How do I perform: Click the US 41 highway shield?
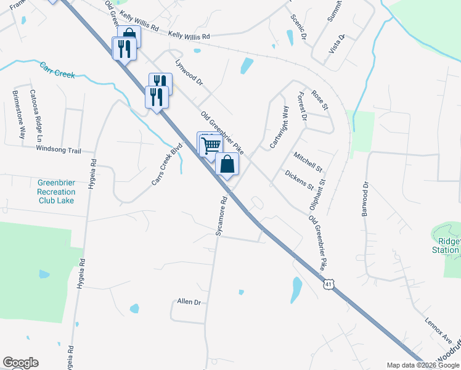coord(330,284)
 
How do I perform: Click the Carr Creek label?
coord(57,70)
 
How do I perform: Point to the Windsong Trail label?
coord(59,149)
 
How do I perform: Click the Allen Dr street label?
coord(189,302)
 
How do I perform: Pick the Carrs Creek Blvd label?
coord(169,166)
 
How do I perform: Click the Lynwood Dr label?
coord(189,72)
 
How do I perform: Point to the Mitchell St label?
coord(308,162)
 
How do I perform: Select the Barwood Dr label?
coord(364,198)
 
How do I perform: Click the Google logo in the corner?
coord(20,363)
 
